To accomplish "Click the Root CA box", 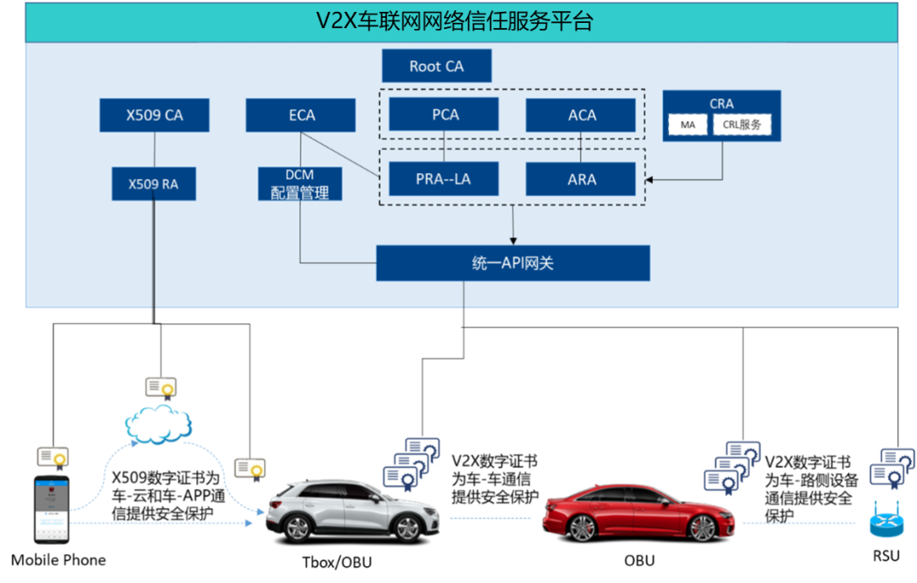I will pyautogui.click(x=436, y=66).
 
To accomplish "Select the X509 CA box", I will pyautogui.click(x=155, y=115).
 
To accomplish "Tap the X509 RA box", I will pyautogui.click(x=154, y=183).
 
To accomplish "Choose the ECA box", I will pyautogui.click(x=301, y=115).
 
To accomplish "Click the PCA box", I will pyautogui.click(x=444, y=115).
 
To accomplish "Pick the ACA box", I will pyautogui.click(x=581, y=115).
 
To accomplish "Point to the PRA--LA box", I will pyautogui.click(x=444, y=179).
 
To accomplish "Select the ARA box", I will pyautogui.click(x=581, y=179).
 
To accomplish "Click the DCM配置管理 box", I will pyautogui.click(x=300, y=184).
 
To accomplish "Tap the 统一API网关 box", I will pyautogui.click(x=513, y=263).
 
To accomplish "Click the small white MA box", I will pyautogui.click(x=687, y=126).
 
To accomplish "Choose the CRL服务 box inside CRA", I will pyautogui.click(x=741, y=126).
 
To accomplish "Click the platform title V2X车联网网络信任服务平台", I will pyautogui.click(x=454, y=21).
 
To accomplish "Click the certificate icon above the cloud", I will pyautogui.click(x=160, y=389).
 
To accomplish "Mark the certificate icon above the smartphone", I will pyautogui.click(x=52, y=457).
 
